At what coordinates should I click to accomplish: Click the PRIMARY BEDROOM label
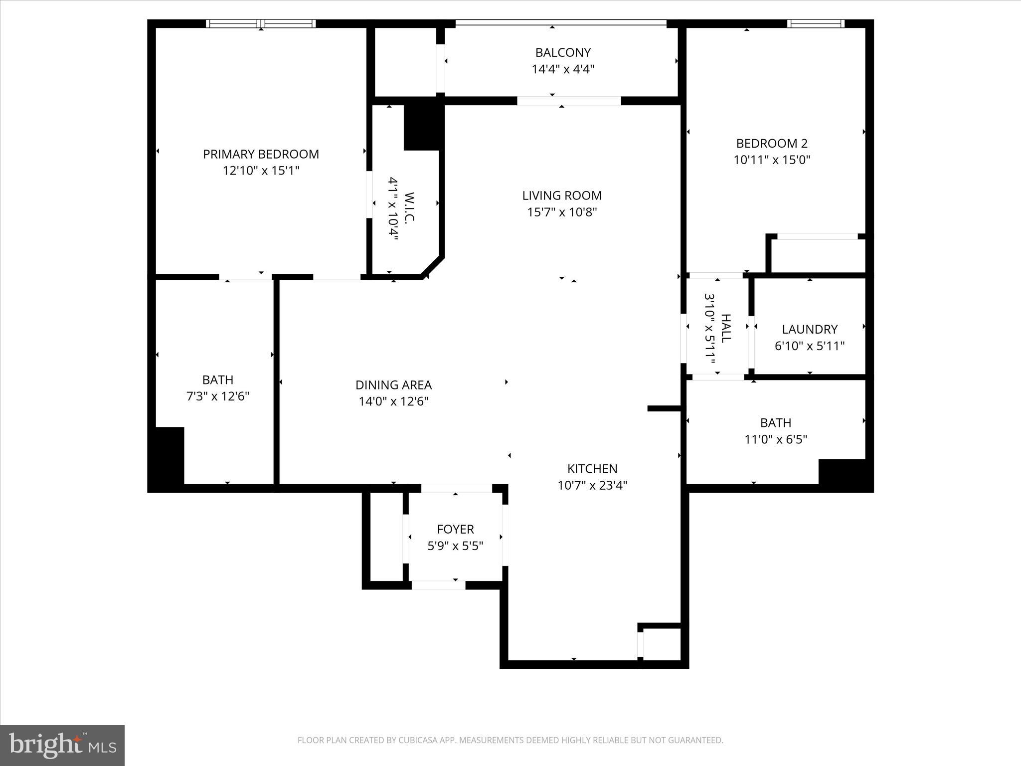261,154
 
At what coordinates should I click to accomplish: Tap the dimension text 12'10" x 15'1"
261,171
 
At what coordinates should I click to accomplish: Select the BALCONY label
563,52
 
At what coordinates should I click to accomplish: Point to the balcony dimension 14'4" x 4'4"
563,69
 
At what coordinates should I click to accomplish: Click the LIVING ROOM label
562,195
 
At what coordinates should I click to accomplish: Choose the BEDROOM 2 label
772,144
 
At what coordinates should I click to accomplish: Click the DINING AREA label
393,385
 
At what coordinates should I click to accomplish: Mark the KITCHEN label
592,469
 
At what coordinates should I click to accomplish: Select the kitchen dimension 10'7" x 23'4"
592,485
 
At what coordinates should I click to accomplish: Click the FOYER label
455,529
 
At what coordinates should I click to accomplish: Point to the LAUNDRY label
810,329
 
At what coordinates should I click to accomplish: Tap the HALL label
725,328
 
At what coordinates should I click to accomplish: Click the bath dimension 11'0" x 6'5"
776,439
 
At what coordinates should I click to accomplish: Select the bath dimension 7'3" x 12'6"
218,396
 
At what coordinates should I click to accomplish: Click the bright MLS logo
62,745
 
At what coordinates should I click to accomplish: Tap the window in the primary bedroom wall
261,23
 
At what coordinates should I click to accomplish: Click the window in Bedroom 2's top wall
816,23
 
